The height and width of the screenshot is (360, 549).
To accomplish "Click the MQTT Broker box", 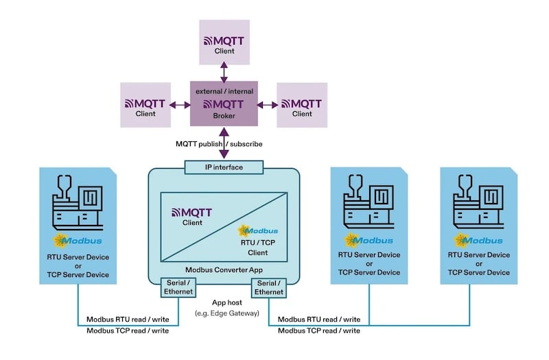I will click(224, 104).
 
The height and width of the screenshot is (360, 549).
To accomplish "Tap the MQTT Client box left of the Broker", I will click(145, 104).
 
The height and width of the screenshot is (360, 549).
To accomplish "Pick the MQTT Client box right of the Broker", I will click(302, 104).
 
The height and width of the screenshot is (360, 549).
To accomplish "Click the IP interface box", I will click(224, 167).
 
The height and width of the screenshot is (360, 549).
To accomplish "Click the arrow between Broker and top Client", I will click(224, 70).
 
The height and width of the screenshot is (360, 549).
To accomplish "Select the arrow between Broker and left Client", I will click(179, 104).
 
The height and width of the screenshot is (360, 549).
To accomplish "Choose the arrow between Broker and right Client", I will click(268, 104).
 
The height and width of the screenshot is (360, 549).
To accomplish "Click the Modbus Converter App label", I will click(224, 269).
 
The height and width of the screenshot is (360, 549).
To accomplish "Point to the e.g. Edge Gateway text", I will click(224, 313).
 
